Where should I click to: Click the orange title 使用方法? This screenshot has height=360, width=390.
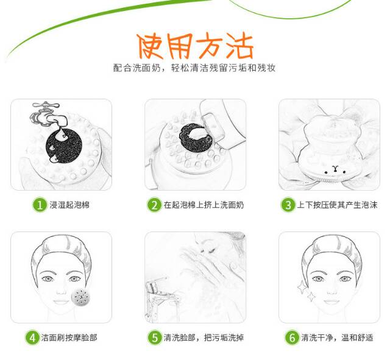[x=195, y=46]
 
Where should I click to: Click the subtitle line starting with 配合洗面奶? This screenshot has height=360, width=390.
[x=194, y=68]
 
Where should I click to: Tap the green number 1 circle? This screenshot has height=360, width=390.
[x=40, y=205]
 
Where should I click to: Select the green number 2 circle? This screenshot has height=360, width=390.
[x=154, y=205]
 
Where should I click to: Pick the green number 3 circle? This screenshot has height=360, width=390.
[x=288, y=205]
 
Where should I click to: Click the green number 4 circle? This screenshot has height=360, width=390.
[x=32, y=337]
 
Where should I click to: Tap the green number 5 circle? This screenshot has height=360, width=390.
[x=154, y=337]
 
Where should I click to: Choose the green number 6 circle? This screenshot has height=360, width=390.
[x=292, y=337]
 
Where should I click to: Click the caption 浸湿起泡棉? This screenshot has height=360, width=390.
[x=69, y=205]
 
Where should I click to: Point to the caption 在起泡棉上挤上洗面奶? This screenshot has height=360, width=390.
[x=204, y=205]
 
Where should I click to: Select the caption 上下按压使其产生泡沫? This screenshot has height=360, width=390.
[x=337, y=205]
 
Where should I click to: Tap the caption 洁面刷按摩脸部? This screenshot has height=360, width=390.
[x=69, y=337]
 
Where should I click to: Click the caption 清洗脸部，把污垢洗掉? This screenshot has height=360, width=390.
[x=204, y=337]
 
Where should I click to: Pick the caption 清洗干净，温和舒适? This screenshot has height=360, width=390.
[x=337, y=337]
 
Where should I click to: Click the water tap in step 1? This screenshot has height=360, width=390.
[x=49, y=115]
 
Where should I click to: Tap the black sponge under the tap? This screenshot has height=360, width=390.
[x=63, y=146]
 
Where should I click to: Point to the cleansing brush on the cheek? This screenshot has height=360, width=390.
[x=80, y=297]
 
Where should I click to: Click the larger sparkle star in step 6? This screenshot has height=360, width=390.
[x=302, y=288]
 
